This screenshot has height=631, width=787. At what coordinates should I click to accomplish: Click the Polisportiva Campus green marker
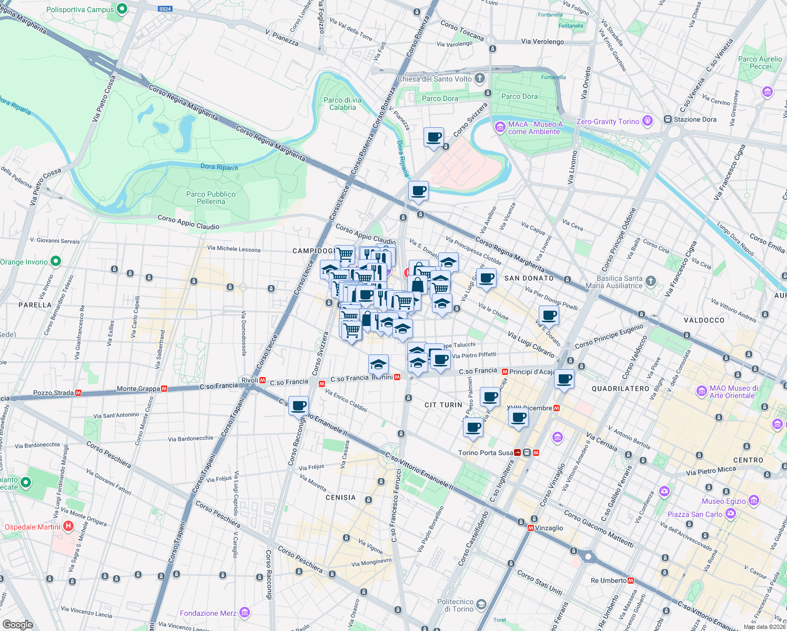pyautogui.click(x=122, y=9)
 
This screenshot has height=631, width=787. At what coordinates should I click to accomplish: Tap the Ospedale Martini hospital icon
pyautogui.click(x=68, y=526)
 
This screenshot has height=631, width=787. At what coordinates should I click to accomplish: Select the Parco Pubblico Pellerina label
pyautogui.click(x=211, y=198)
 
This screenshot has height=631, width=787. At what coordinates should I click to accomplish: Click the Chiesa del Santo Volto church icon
pyautogui.click(x=479, y=79)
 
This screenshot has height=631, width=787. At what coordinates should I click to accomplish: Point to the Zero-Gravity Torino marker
pyautogui.click(x=648, y=121)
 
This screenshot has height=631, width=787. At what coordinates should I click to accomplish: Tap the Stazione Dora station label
pyautogui.click(x=695, y=119)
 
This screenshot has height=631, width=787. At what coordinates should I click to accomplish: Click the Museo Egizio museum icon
pyautogui.click(x=754, y=501)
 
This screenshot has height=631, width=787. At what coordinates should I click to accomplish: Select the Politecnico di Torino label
pyautogui.click(x=456, y=605)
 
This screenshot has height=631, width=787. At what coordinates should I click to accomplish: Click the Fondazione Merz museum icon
pyautogui.click(x=244, y=613)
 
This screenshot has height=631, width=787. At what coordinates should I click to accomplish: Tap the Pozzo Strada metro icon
pyautogui.click(x=78, y=393)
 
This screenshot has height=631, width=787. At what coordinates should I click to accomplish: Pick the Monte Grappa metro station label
pyautogui.click(x=138, y=389)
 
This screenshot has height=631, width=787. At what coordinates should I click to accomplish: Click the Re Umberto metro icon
pyautogui.click(x=631, y=581)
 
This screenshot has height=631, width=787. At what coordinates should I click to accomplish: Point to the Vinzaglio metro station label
pyautogui.click(x=549, y=528)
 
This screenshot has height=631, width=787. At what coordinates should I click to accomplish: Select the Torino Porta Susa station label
pyautogui.click(x=485, y=453)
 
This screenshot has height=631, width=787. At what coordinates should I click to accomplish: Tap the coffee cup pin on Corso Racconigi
pyautogui.click(x=298, y=406)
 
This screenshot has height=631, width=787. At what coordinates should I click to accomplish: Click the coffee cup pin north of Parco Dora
pyautogui.click(x=434, y=138)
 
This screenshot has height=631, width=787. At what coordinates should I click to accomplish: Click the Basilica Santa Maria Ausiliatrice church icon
pyautogui.click(x=651, y=281)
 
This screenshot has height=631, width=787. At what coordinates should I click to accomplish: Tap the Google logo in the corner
pyautogui.click(x=17, y=624)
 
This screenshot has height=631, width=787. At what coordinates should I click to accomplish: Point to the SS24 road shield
pyautogui.click(x=165, y=9)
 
